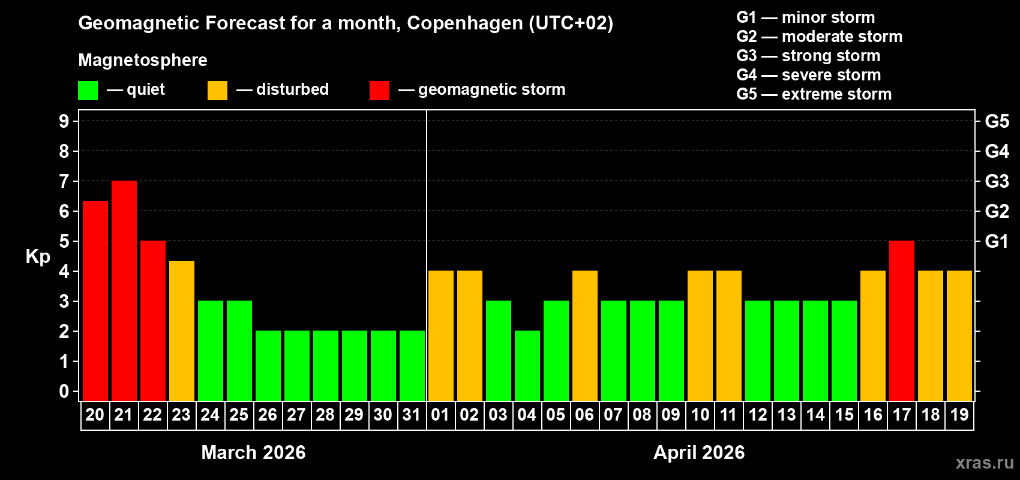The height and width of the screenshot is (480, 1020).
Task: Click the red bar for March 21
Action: coord(124,290)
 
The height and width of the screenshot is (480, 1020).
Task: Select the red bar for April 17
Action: coord(902,320)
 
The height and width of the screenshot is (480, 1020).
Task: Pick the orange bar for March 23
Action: coord(182,331)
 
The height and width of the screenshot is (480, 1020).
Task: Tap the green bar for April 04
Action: coord(527,365)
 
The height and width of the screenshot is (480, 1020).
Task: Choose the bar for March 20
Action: coord(95,301)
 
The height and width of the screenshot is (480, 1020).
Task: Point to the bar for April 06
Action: coord(585,335)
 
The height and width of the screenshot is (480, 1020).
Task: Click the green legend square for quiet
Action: coord(88,91)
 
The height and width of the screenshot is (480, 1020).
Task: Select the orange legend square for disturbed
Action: coord(218,91)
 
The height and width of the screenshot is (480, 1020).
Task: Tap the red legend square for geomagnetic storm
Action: coord(379,91)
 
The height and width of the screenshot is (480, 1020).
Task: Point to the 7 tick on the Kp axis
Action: coord(64,181)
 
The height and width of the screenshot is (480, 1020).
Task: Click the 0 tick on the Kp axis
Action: coord(64,392)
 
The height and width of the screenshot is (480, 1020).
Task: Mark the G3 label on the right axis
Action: coord(997,181)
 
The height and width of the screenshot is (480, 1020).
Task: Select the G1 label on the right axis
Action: coord(997,241)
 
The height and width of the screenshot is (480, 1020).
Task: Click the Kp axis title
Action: coord(38,257)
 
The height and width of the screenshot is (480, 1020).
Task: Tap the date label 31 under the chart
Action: coord(412,415)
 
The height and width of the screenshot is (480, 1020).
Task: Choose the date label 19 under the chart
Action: coord(959,415)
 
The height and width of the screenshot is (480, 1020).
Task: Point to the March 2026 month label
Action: coord(253,452)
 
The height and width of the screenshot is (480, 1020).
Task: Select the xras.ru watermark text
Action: coord(985,463)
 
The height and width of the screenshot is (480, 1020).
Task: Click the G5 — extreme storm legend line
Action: coord(814,94)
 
